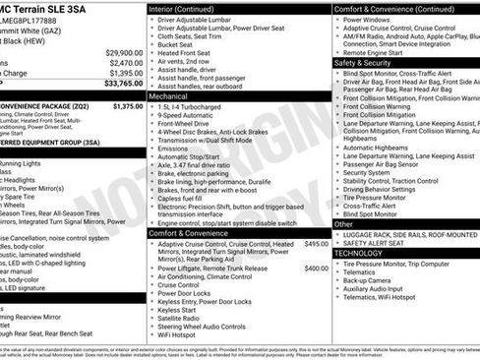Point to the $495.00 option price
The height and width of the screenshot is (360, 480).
tap(316, 243)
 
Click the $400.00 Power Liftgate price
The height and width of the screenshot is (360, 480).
tap(316, 268)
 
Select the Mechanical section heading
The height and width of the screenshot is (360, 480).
tap(168, 97)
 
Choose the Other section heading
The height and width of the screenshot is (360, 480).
tap(343, 224)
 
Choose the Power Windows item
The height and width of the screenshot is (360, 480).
tap(371, 19)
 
